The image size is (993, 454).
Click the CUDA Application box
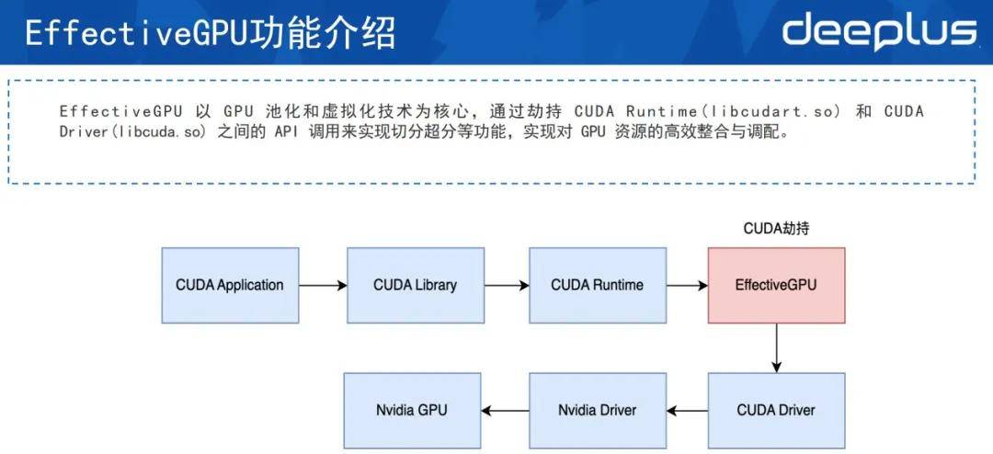[x=230, y=285]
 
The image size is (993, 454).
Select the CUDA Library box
[x=415, y=285]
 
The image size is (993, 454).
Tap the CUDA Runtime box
[x=597, y=285]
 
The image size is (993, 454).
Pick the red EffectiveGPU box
[x=776, y=285]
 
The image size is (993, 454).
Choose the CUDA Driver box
[x=776, y=410]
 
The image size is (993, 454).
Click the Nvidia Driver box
[x=597, y=410]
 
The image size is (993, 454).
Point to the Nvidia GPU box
[x=412, y=410]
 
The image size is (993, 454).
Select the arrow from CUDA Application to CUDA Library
[x=323, y=286]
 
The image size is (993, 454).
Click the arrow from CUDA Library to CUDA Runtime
[x=506, y=286]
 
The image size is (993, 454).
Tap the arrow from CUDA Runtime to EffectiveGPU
[x=686, y=286]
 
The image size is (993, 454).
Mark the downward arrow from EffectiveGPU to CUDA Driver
[x=777, y=347]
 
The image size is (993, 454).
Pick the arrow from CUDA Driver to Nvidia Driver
[x=687, y=410]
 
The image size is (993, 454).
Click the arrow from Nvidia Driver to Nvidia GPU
[x=505, y=410]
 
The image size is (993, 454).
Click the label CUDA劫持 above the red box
[x=776, y=229]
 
